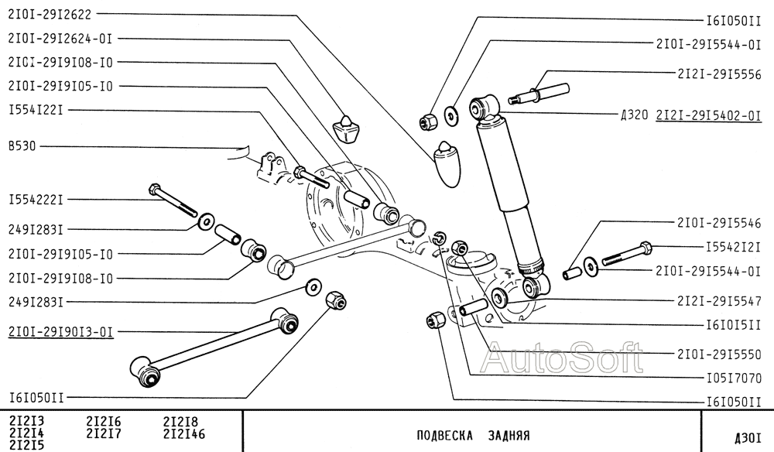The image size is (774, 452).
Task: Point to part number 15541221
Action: click(x=35, y=110)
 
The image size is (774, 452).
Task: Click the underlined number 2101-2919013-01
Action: click(x=60, y=332)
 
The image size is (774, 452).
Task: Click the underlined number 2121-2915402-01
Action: click(x=709, y=115)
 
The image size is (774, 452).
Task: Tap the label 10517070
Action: click(x=734, y=378)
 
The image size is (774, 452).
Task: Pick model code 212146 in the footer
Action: click(x=184, y=433)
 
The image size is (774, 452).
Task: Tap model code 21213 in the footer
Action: click(x=26, y=422)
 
